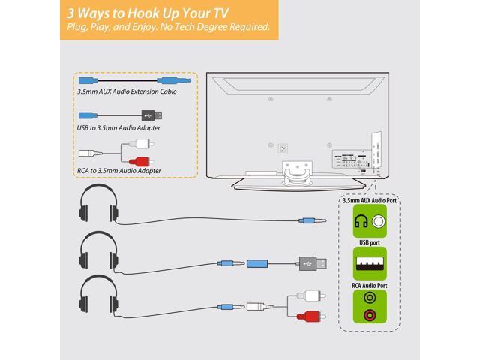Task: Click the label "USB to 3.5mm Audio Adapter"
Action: point(118,128)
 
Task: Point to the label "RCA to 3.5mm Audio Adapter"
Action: point(119,169)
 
